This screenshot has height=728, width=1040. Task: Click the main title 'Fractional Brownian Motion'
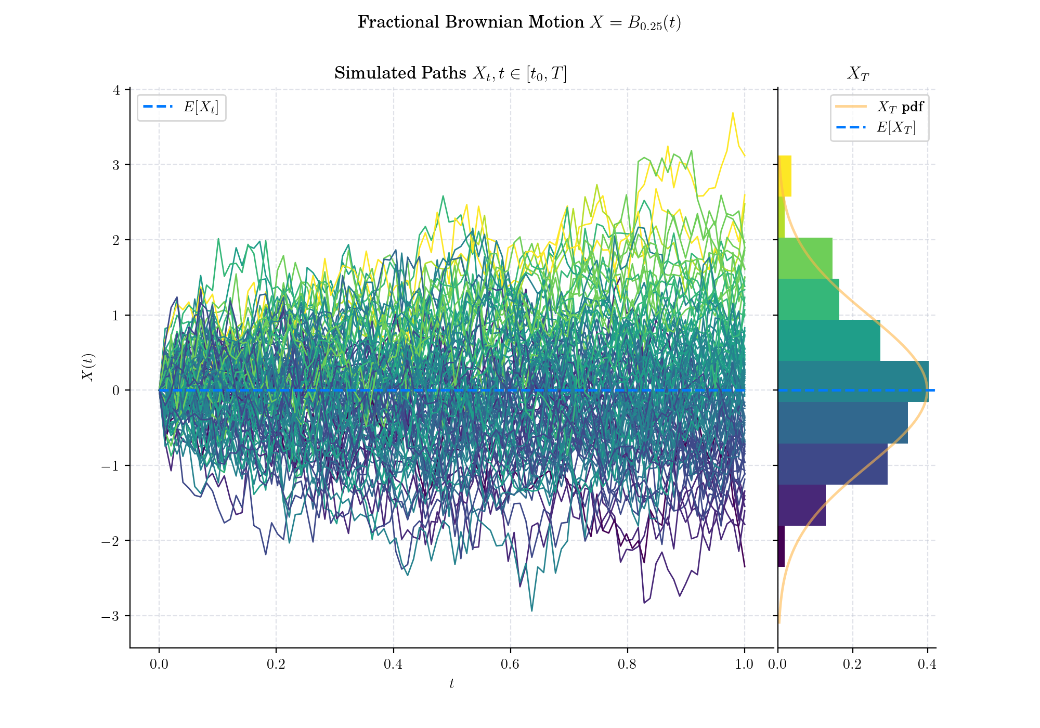click(471, 22)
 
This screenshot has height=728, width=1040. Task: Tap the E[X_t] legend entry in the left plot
click(181, 107)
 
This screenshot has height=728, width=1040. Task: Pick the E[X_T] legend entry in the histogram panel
click(876, 127)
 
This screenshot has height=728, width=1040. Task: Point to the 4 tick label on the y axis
click(116, 90)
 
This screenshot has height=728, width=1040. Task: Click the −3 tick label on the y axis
click(110, 616)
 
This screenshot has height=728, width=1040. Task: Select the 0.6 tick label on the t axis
click(510, 665)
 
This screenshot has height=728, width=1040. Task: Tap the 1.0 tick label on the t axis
click(745, 665)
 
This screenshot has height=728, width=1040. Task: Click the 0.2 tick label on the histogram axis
click(853, 665)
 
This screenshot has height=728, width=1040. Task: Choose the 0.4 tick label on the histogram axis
click(928, 665)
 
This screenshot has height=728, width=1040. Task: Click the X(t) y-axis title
click(88, 367)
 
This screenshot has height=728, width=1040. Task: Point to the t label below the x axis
click(451, 684)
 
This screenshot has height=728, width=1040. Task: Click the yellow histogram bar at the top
click(785, 176)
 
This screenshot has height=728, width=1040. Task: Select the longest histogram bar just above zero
click(853, 381)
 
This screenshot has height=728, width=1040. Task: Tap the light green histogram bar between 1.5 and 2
click(805, 258)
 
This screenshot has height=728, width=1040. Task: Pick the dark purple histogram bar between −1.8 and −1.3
click(802, 505)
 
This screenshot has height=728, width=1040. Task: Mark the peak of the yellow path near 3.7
click(733, 112)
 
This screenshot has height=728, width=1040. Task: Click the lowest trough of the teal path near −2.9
click(531, 610)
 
